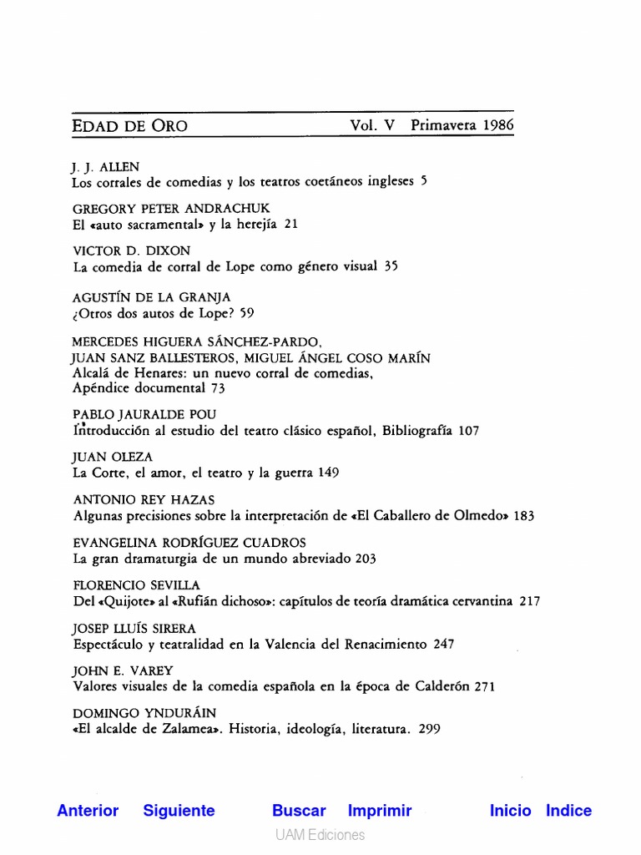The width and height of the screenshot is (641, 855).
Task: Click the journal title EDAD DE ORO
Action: click(x=130, y=126)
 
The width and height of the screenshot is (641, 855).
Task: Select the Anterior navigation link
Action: click(x=88, y=810)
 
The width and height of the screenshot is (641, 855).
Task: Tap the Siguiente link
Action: click(x=179, y=810)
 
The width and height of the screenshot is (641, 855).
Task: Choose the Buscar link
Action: click(x=299, y=810)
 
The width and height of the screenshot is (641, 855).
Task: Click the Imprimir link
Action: click(x=380, y=810)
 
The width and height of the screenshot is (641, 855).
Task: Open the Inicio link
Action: click(x=510, y=810)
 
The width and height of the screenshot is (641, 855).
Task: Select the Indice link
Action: click(x=568, y=810)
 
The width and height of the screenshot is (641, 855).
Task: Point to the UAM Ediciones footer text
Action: click(x=320, y=835)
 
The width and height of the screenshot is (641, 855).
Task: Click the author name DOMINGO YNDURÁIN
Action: click(x=144, y=713)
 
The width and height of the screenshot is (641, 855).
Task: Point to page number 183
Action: click(x=523, y=516)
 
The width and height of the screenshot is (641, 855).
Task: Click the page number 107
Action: click(x=468, y=431)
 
